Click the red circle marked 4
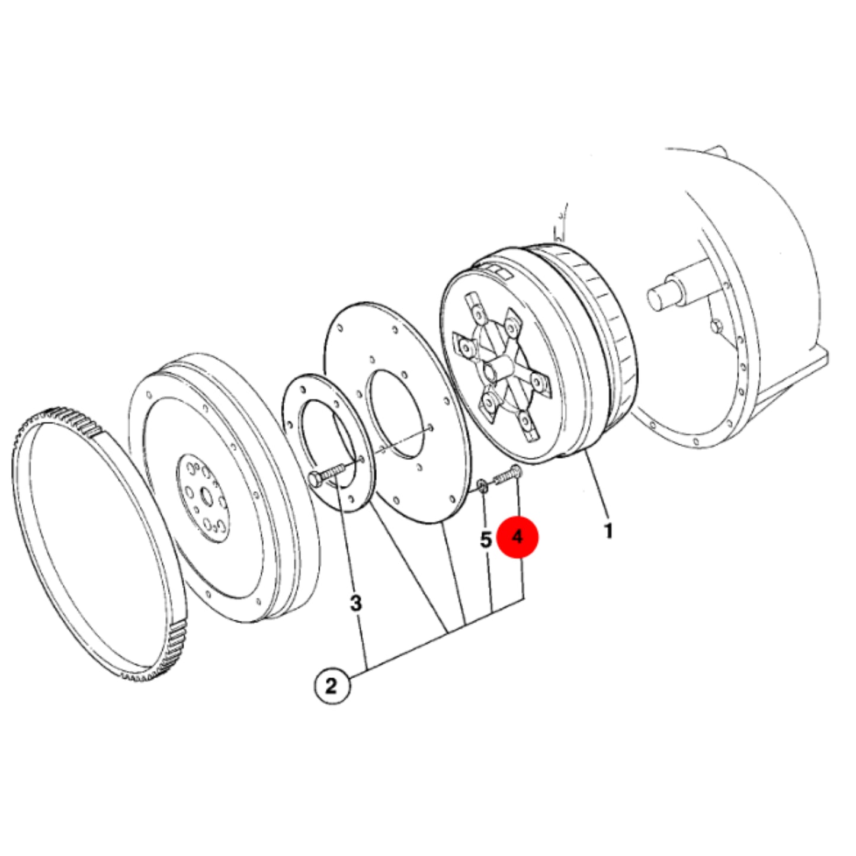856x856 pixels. click(518, 537)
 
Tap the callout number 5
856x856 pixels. click(485, 540)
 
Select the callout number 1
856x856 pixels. click(608, 531)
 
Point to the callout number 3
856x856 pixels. click(355, 603)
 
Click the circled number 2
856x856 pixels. click(332, 687)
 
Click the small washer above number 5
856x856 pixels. click(482, 486)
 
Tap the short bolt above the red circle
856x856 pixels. click(508, 476)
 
